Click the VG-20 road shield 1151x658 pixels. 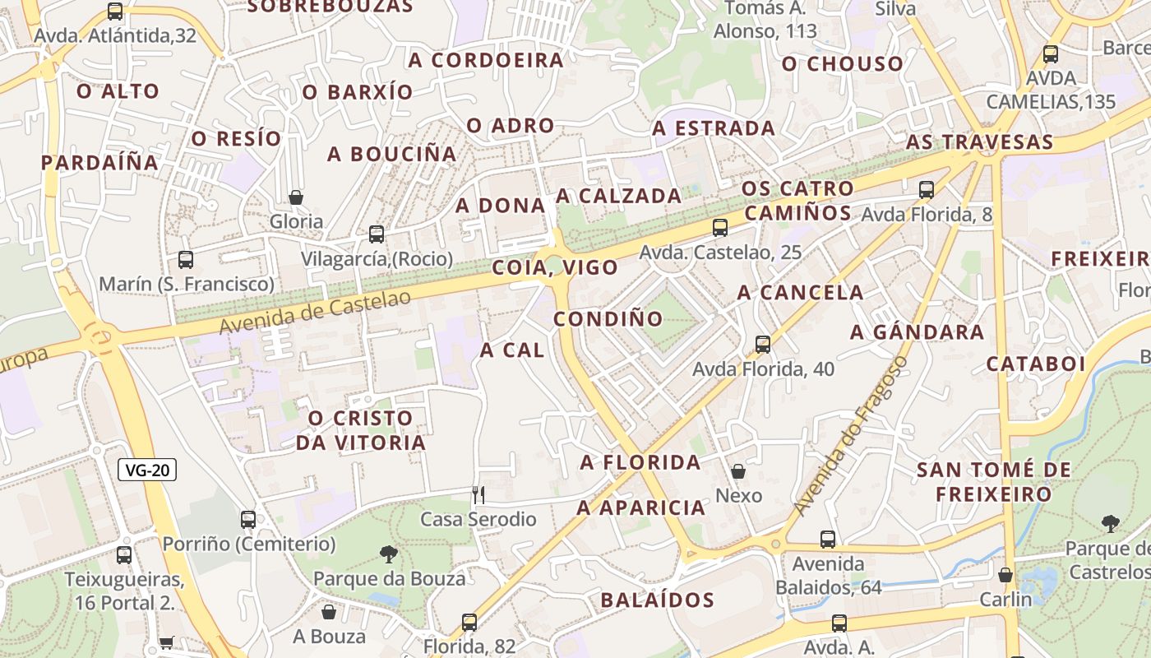click(x=148, y=470)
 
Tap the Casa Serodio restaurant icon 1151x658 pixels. click(x=478, y=494)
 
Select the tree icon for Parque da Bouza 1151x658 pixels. click(x=389, y=554)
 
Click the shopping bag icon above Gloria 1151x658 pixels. click(x=296, y=197)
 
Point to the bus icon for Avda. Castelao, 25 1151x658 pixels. click(x=720, y=227)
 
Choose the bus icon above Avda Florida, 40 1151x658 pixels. click(x=763, y=344)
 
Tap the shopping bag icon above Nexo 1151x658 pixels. click(x=738, y=471)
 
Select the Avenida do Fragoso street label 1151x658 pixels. click(x=851, y=436)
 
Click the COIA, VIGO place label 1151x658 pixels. click(x=555, y=267)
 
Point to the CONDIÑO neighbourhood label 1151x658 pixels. click(x=608, y=318)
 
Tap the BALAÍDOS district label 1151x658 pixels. click(x=657, y=600)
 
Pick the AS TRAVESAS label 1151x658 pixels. click(x=979, y=142)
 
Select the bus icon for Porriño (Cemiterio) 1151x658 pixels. click(x=248, y=519)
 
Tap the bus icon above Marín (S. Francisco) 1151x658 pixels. click(x=186, y=260)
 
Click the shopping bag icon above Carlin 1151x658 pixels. click(x=1005, y=574)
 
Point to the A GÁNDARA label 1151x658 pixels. click(x=917, y=332)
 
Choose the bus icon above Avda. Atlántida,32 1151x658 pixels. click(x=115, y=12)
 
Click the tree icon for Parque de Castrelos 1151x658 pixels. click(x=1111, y=523)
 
